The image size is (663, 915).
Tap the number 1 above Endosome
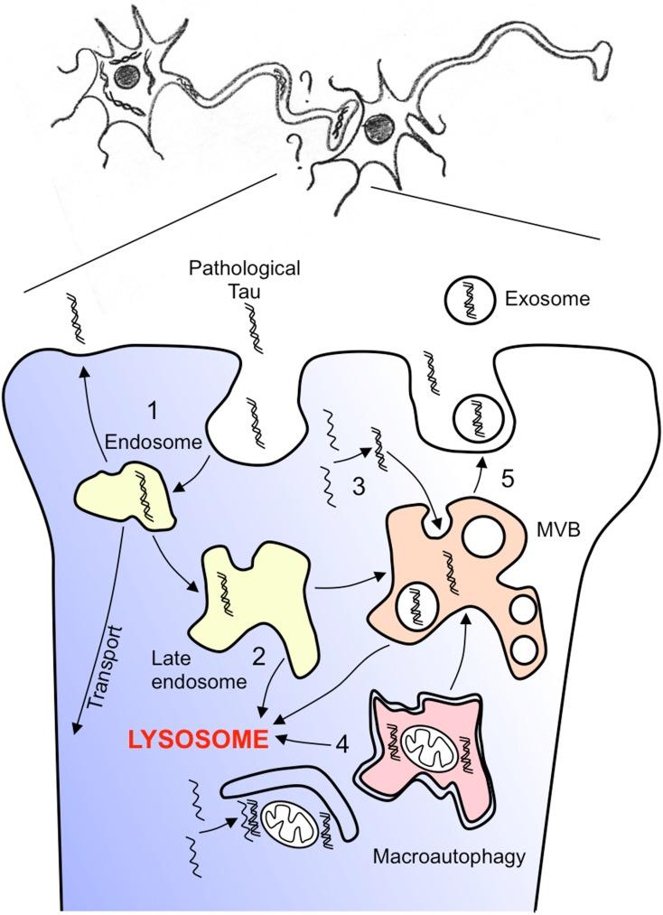pos(154,411)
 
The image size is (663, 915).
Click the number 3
pos(358,486)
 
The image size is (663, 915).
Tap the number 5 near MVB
pos(509,476)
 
